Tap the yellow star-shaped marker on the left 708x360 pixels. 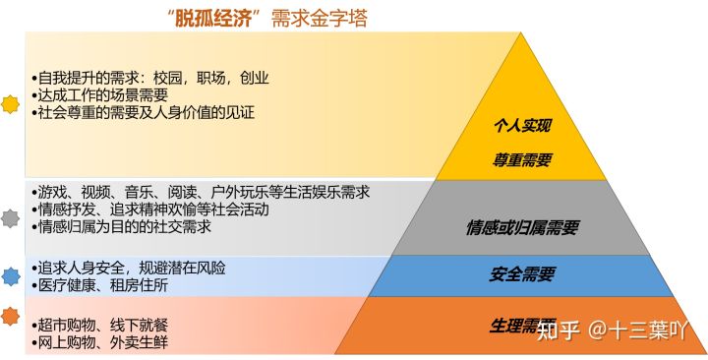tap(11, 103)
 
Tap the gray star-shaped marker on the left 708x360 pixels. tap(11, 217)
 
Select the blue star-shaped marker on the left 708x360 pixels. tap(11, 276)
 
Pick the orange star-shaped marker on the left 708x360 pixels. tap(11, 316)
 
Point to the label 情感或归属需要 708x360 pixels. tap(522, 227)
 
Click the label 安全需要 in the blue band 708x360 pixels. tap(522, 273)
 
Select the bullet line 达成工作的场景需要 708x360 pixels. tap(98, 94)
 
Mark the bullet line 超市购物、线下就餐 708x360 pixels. tap(104, 325)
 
